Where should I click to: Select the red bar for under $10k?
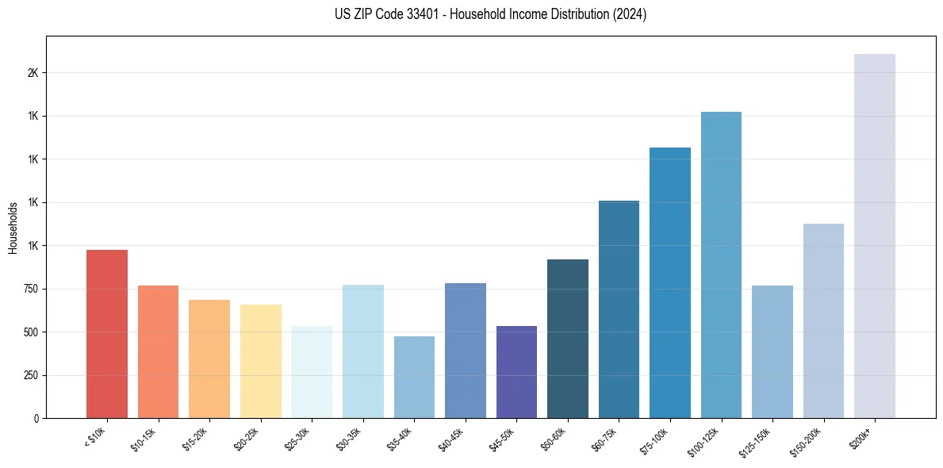(x=107, y=334)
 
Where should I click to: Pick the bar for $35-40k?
(x=414, y=377)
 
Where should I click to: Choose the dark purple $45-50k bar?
(x=516, y=372)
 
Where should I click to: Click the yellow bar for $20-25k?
(x=261, y=361)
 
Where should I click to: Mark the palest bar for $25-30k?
(x=312, y=372)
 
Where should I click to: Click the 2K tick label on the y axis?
(x=33, y=73)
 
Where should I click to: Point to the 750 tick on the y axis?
(x=30, y=290)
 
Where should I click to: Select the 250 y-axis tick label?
(x=30, y=376)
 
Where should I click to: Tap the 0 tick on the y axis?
(x=36, y=419)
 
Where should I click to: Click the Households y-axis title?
(x=13, y=228)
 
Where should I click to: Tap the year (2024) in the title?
(x=629, y=14)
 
